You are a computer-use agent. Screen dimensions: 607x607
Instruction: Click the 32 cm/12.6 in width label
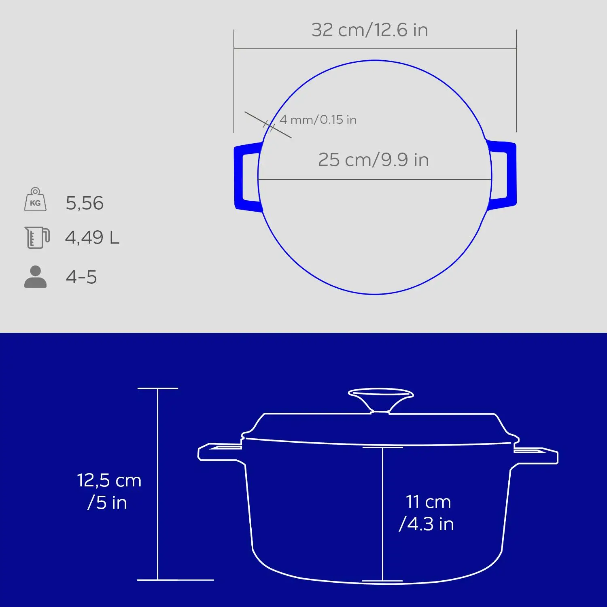369,30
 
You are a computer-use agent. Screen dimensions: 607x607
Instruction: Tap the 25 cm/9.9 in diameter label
373,160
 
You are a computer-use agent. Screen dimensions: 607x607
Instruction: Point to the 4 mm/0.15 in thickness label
318,120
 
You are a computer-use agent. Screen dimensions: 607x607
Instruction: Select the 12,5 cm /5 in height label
109,491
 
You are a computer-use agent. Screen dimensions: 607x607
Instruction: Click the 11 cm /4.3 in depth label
427,513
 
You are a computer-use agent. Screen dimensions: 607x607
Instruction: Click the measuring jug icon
37,237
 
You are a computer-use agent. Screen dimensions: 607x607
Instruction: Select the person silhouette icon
36,277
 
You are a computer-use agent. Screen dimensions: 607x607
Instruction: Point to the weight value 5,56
85,203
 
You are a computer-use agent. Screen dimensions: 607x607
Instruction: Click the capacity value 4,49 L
92,238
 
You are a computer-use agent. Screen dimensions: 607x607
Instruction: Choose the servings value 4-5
81,277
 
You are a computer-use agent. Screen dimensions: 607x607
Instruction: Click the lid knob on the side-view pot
380,399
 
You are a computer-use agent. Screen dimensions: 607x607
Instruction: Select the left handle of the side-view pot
219,452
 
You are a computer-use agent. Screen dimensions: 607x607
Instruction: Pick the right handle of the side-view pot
536,454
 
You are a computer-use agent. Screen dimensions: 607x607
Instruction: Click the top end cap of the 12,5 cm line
157,388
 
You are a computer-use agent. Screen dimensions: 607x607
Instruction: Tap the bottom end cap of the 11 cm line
382,581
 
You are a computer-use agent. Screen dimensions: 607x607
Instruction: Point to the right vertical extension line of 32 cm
516,81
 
